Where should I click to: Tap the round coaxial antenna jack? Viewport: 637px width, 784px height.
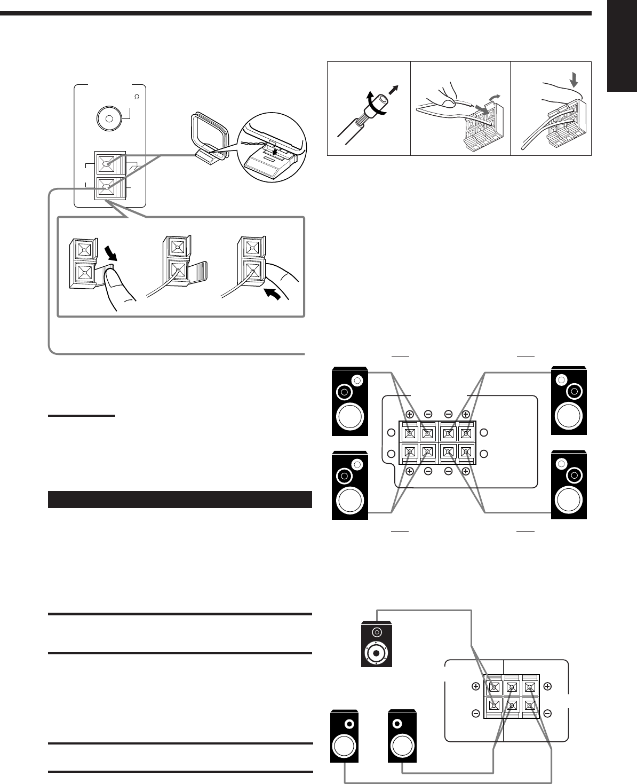click(x=109, y=119)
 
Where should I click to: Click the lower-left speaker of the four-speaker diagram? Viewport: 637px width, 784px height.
click(x=349, y=486)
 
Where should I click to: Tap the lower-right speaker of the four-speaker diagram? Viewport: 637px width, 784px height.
click(x=569, y=486)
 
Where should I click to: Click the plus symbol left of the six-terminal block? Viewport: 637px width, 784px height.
click(x=475, y=687)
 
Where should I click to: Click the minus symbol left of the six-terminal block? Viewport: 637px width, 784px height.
click(x=475, y=713)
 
